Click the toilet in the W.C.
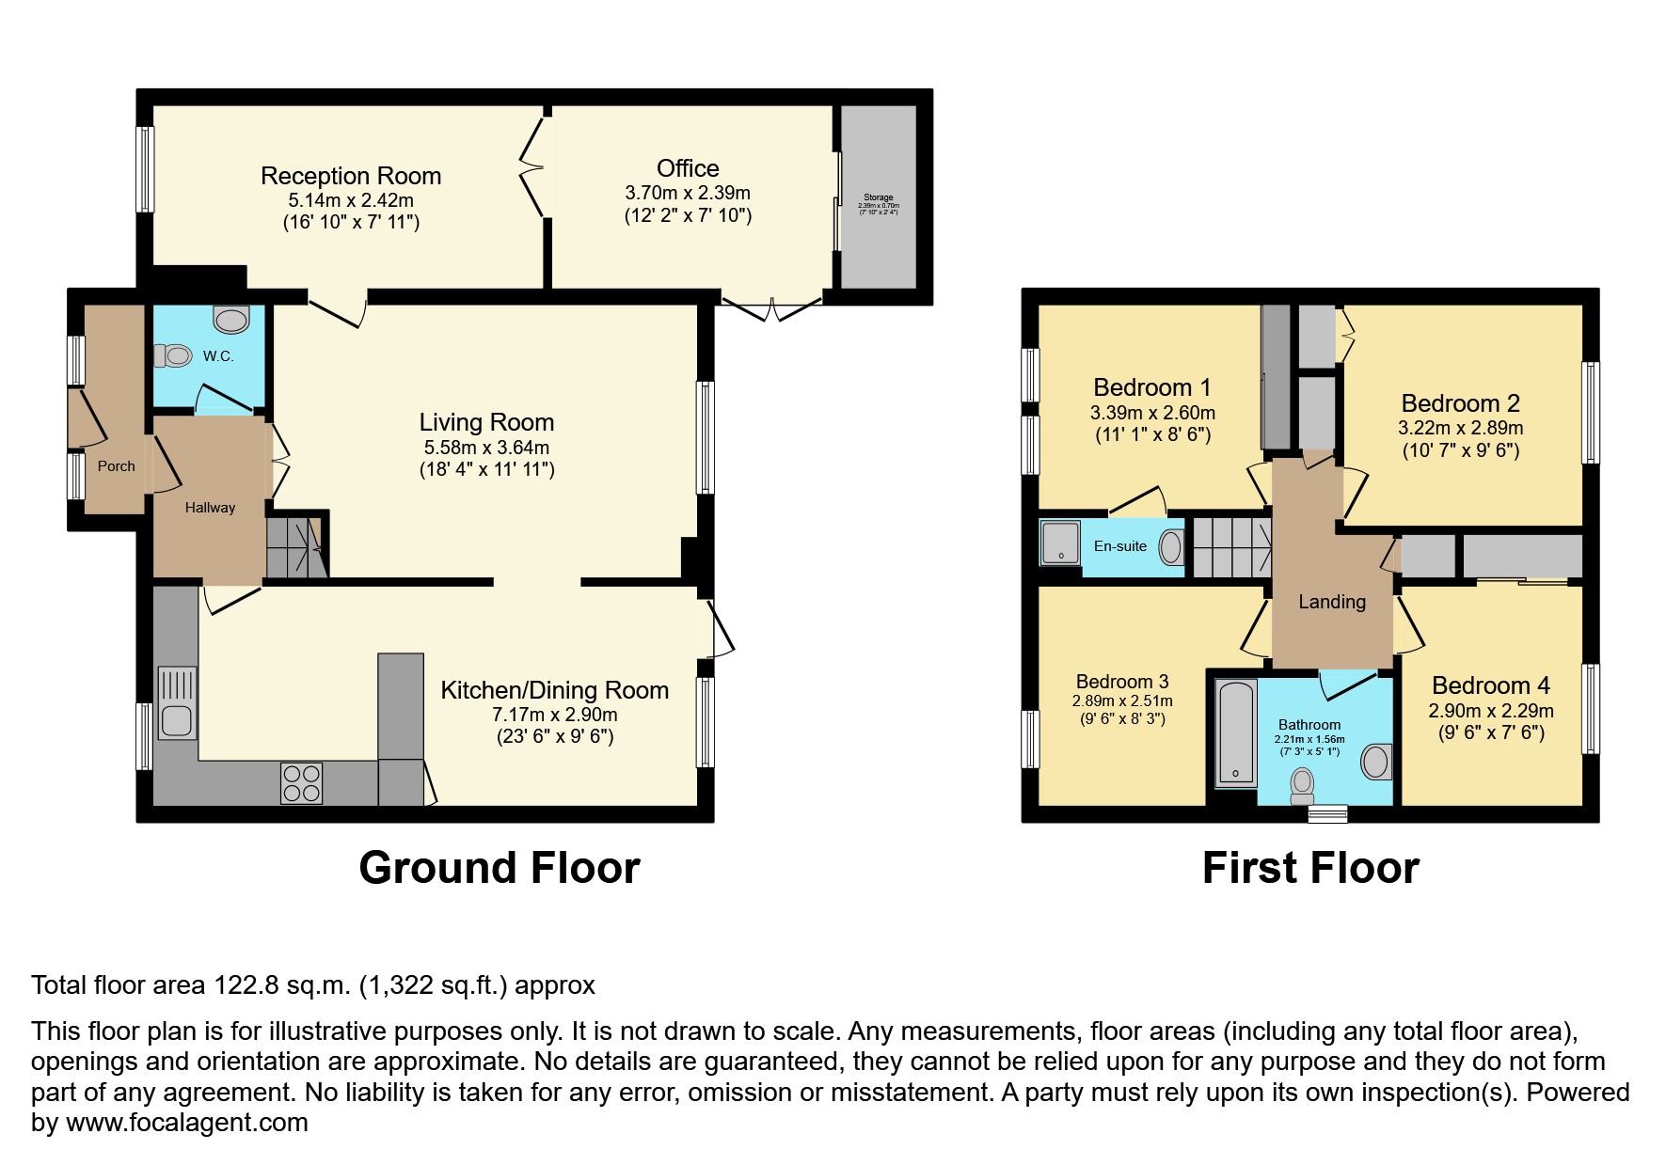click(x=174, y=355)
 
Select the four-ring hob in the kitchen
click(x=301, y=783)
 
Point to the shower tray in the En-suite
click(x=1061, y=543)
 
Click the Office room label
click(x=688, y=168)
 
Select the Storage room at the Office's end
click(x=878, y=197)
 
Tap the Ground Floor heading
click(x=500, y=867)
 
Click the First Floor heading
click(x=1310, y=867)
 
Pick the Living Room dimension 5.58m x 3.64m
click(x=486, y=448)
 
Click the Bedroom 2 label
click(x=1460, y=403)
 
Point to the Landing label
click(x=1332, y=602)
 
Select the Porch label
click(x=116, y=466)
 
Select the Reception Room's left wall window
click(x=145, y=169)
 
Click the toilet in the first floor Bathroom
click(x=1302, y=783)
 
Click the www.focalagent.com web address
click(x=186, y=1123)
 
